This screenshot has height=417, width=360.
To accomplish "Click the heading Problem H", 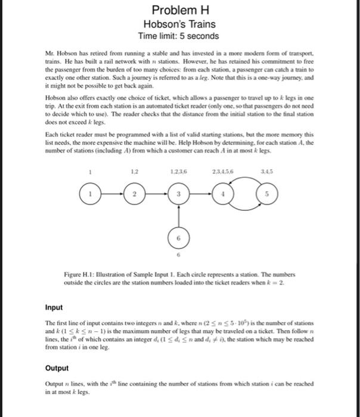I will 179,10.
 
